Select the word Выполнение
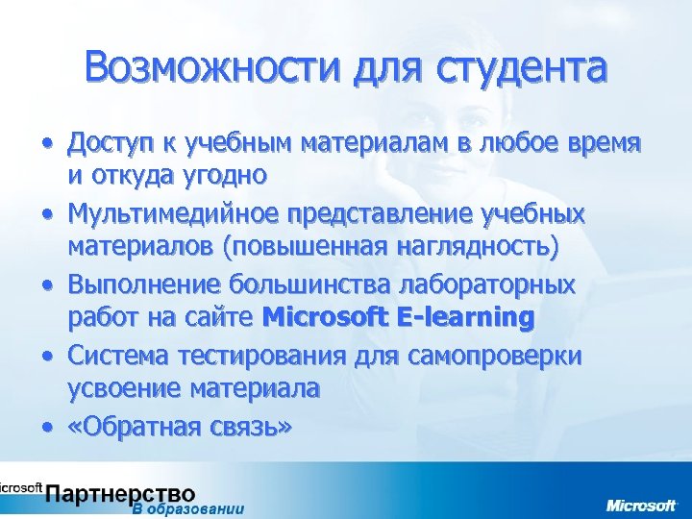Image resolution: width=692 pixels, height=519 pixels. tap(141, 285)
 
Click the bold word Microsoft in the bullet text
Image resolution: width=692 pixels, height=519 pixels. tap(324, 316)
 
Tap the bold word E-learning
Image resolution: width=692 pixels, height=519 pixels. tap(464, 316)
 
